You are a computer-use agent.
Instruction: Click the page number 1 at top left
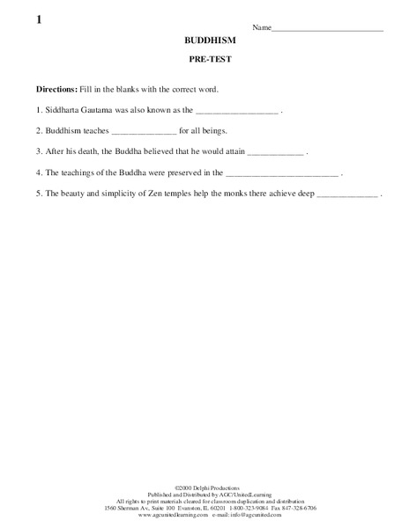pyautogui.click(x=40, y=19)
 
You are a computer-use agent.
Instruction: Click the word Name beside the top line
pyautogui.click(x=262, y=28)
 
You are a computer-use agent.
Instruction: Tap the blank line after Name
pyautogui.click(x=327, y=30)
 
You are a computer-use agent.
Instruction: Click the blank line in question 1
pyautogui.click(x=235, y=114)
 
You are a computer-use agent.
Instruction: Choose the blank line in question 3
pyautogui.click(x=275, y=154)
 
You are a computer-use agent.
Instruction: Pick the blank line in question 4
pyautogui.click(x=281, y=175)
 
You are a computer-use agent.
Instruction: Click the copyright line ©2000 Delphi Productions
pyautogui.click(x=204, y=486)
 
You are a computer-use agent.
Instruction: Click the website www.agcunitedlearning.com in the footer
pyautogui.click(x=175, y=514)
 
